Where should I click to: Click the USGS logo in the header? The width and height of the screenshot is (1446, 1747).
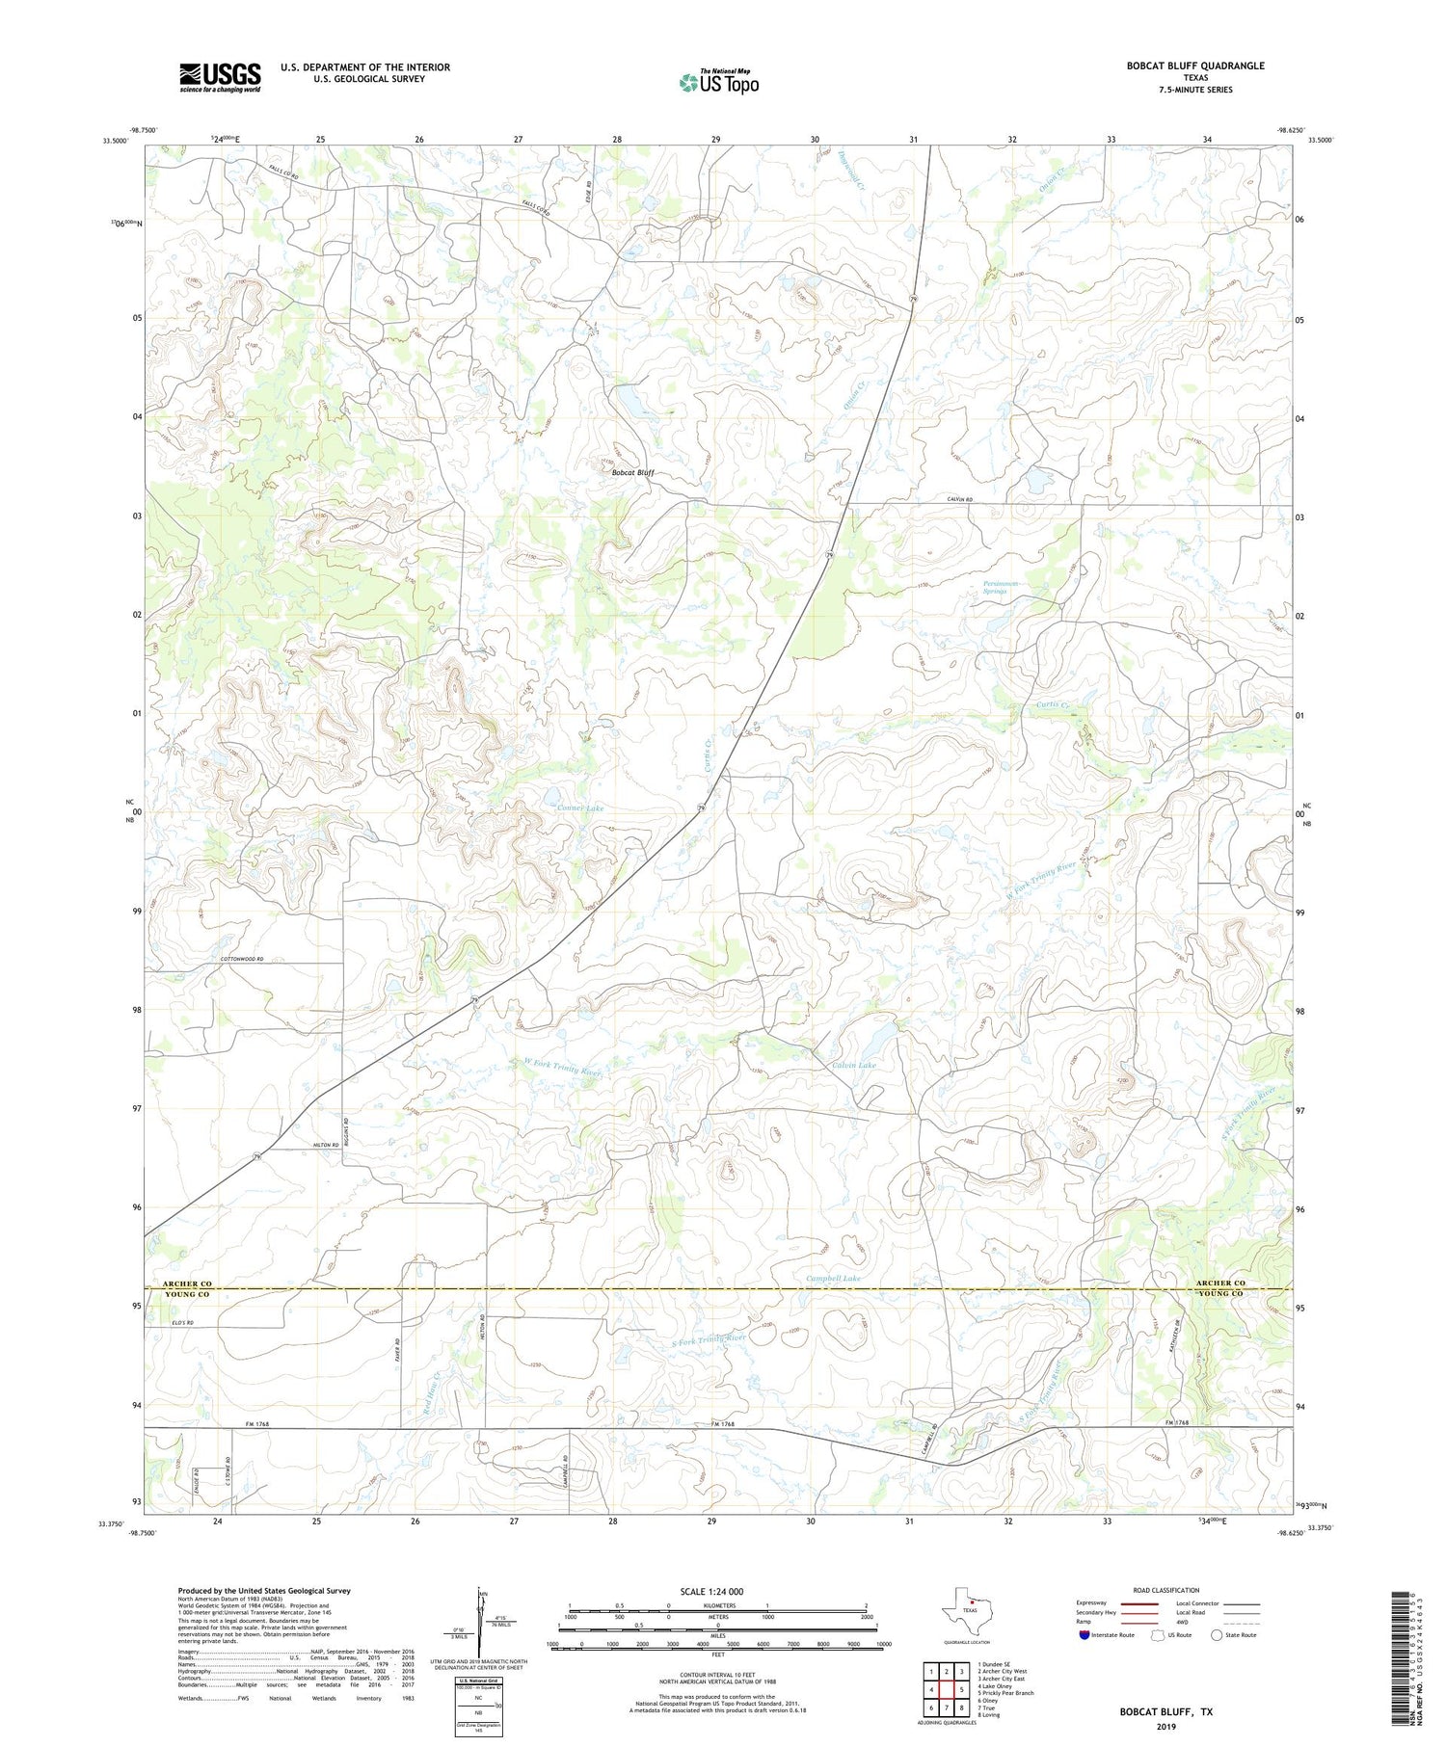coord(220,77)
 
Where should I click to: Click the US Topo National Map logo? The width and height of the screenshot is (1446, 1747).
coord(718,83)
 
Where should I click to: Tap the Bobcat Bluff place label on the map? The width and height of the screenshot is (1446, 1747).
coord(633,472)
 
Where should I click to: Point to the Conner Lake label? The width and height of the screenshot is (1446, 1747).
coord(579,807)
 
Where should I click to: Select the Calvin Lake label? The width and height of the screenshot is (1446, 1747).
coord(853,1065)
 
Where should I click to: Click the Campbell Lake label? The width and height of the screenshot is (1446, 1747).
coord(833,1278)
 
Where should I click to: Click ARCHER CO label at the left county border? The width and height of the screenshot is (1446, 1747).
coord(186,1284)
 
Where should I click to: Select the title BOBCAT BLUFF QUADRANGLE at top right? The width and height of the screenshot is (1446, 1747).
coord(1182,66)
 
